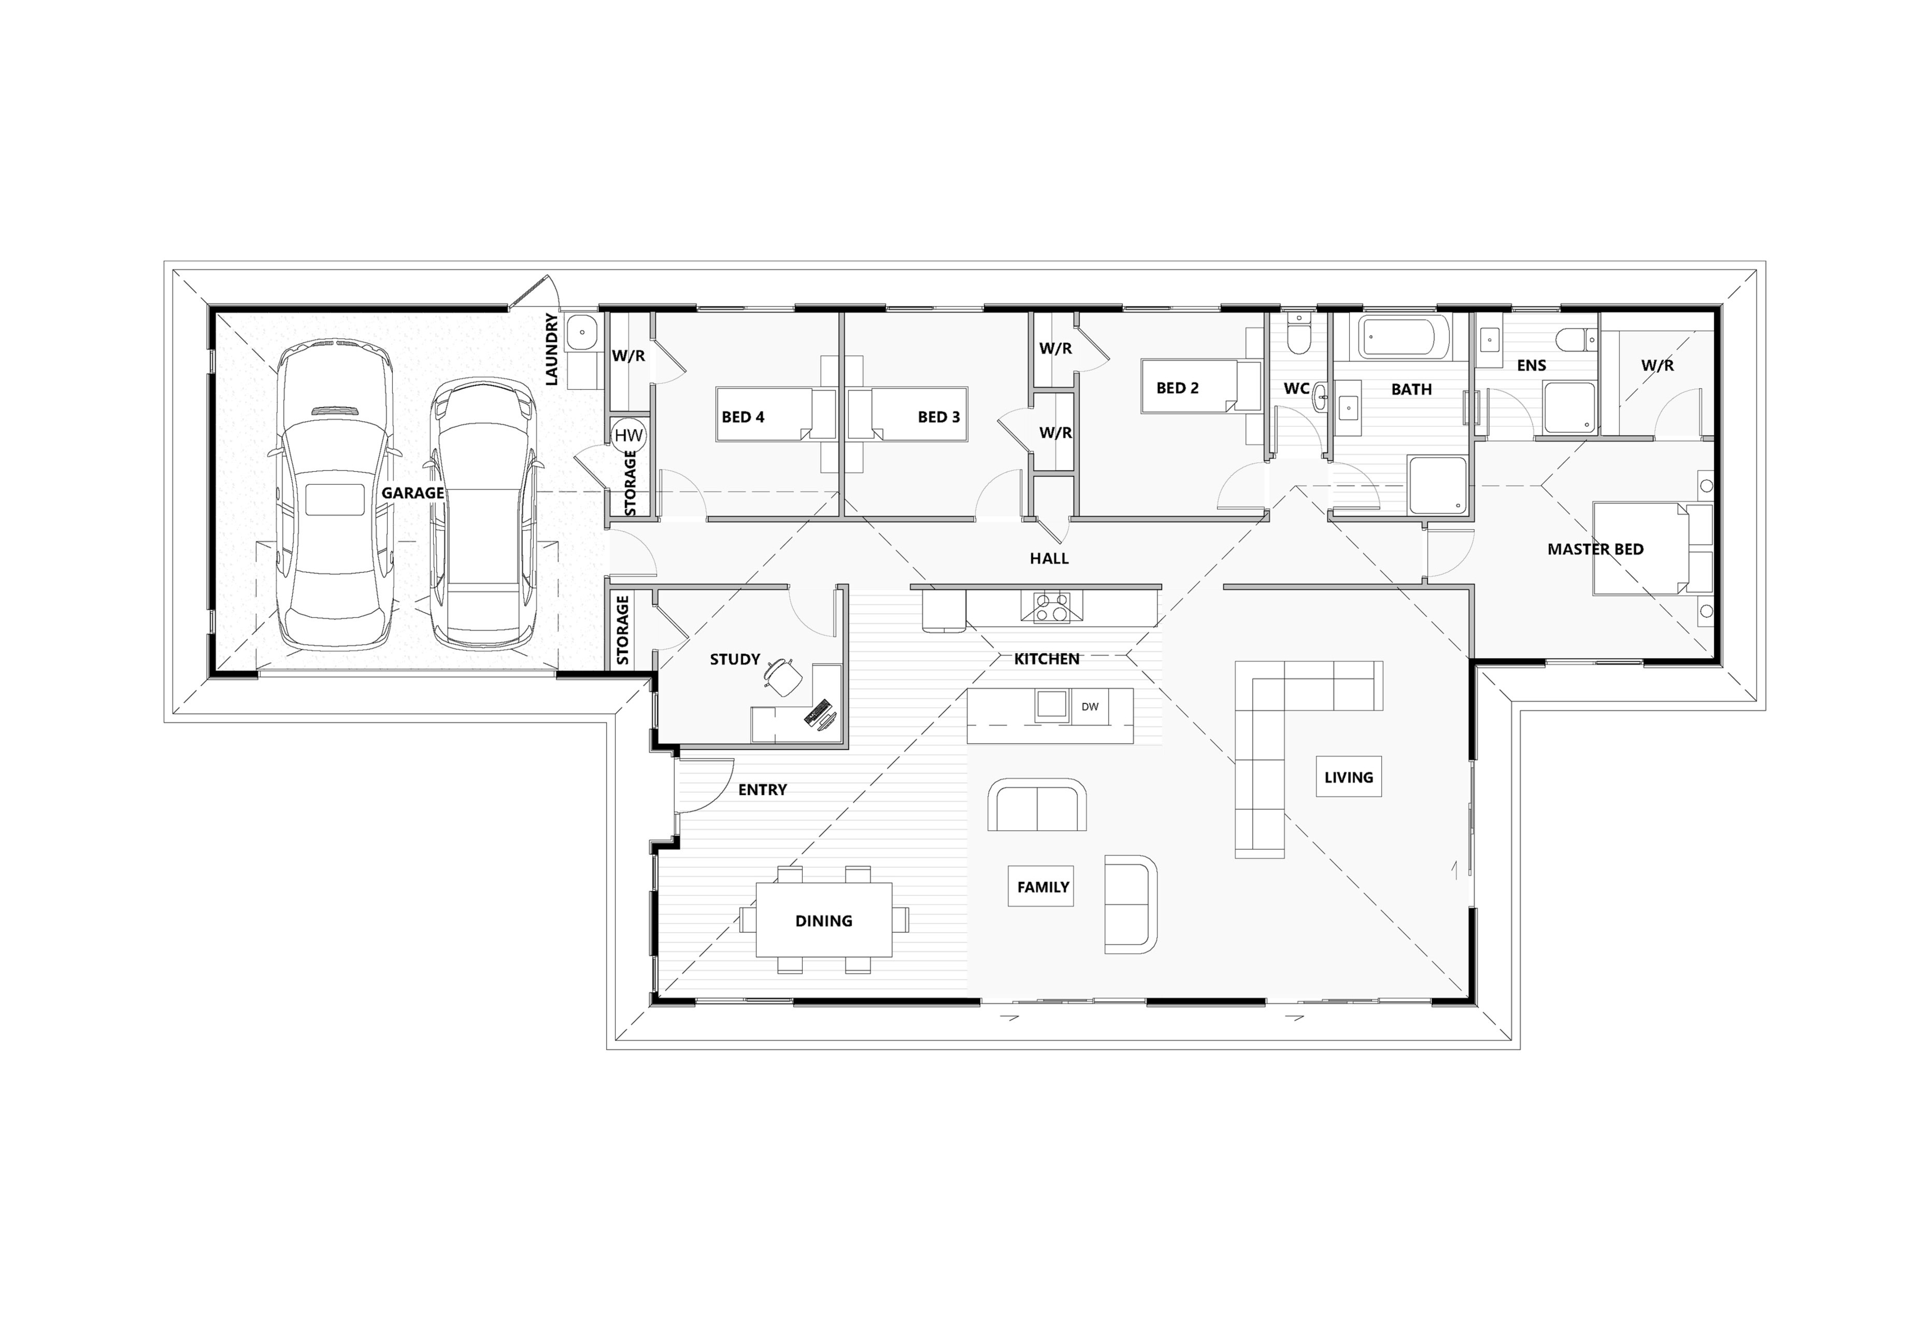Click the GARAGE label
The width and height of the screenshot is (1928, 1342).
point(412,493)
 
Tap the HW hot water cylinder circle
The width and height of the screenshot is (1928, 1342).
point(628,435)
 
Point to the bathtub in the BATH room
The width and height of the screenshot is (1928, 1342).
point(1403,337)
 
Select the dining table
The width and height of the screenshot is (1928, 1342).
point(824,920)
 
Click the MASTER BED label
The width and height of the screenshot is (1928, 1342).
point(1595,549)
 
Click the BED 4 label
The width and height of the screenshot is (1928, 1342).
point(743,417)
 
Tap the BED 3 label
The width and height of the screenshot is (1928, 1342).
point(939,417)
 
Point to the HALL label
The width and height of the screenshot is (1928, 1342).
point(1049,558)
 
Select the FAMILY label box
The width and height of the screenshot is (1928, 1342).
point(1043,887)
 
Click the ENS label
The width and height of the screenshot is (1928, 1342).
point(1532,365)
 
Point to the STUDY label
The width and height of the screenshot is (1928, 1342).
point(735,659)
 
